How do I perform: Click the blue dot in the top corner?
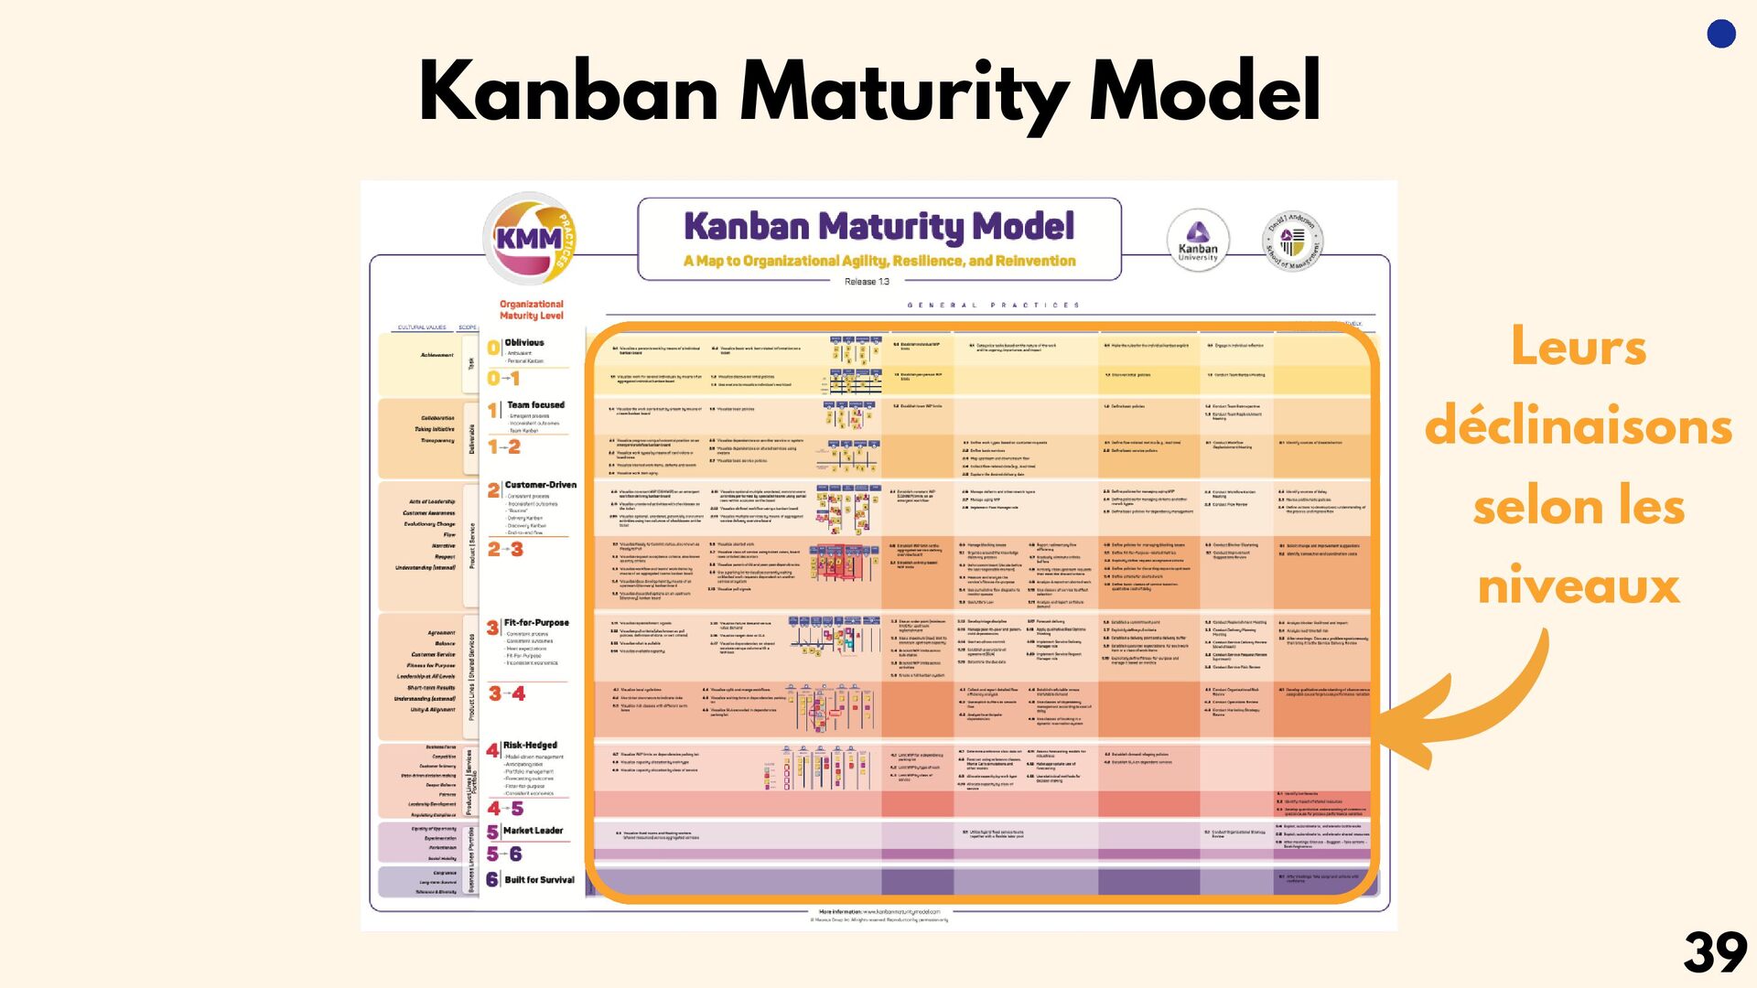[x=1721, y=34]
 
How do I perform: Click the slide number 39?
[x=1714, y=953]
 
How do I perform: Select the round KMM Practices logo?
[x=530, y=239]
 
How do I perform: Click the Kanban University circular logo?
[x=1198, y=241]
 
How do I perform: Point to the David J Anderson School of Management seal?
[x=1292, y=242]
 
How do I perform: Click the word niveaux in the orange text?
[x=1579, y=585]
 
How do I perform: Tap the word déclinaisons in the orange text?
[x=1579, y=427]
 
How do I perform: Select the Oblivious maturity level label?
[x=524, y=343]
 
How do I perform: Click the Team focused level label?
[x=535, y=404]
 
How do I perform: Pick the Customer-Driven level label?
[x=540, y=485]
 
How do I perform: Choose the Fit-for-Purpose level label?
[x=536, y=622]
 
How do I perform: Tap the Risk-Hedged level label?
[x=530, y=745]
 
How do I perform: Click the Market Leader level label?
[x=533, y=831]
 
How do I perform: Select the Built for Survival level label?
[x=539, y=880]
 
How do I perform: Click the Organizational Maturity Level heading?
[x=532, y=310]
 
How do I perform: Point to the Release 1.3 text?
[x=867, y=282]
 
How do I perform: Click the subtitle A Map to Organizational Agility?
[x=879, y=261]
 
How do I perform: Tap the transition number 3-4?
[x=506, y=693]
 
